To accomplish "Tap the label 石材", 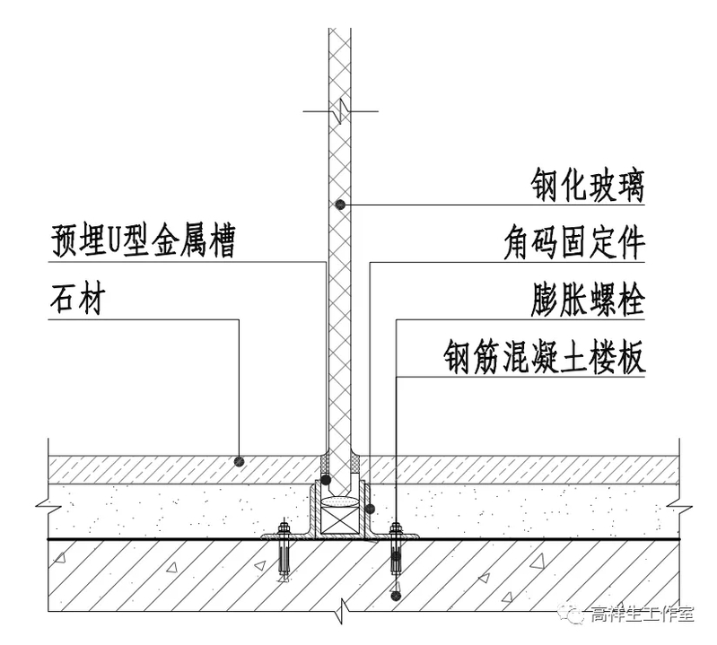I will pos(76,300).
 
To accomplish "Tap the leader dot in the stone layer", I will pos(239,461).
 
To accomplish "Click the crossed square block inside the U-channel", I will pos(340,521).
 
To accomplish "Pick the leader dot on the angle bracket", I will pos(369,510).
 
